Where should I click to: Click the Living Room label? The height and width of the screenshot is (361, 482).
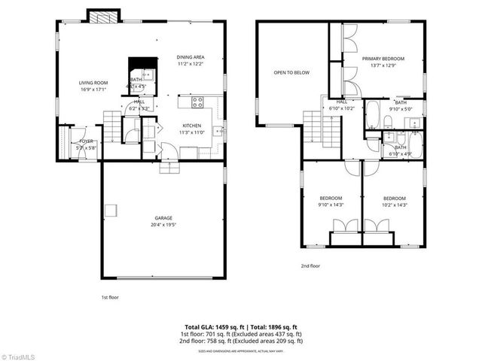pos(93,83)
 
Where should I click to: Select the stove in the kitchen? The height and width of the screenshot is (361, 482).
pos(197,102)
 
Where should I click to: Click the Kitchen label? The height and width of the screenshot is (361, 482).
pos(191,126)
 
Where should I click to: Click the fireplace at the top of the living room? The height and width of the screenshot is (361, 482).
pos(102,16)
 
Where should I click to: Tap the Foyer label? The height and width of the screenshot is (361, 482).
pos(87,141)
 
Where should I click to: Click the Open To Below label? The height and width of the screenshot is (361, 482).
pos(291,73)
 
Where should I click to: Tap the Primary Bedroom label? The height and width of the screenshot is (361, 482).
pos(383,59)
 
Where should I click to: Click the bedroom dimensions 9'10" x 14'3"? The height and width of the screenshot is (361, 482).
pos(331,204)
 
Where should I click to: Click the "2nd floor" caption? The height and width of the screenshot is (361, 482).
pos(310,265)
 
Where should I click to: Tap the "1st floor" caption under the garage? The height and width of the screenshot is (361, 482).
pos(110,297)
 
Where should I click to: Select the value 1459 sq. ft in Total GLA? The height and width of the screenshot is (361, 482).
pos(227,326)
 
